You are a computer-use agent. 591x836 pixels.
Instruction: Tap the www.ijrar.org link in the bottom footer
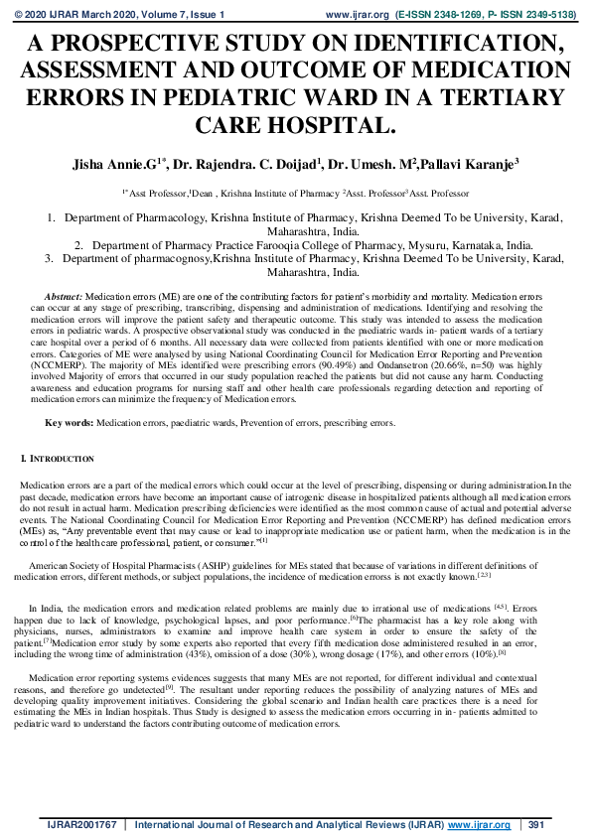coord(480,824)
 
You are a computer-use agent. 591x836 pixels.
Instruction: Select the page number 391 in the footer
coord(537,824)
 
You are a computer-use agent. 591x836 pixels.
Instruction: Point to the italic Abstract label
coord(65,297)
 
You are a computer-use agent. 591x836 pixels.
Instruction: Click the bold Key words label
coord(69,423)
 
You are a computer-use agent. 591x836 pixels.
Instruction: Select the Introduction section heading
coord(61,459)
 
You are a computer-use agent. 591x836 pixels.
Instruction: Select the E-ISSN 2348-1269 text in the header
coord(446,16)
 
